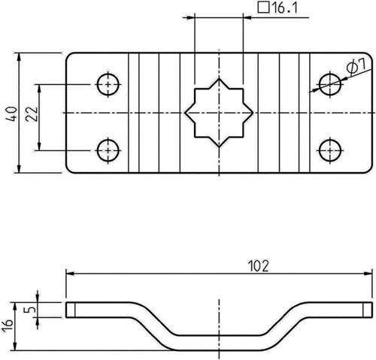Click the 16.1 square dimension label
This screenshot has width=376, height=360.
pyautogui.click(x=277, y=8)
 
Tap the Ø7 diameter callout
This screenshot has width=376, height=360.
pyautogui.click(x=356, y=67)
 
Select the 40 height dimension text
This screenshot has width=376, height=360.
pyautogui.click(x=12, y=113)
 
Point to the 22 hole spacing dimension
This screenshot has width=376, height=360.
pyautogui.click(x=32, y=114)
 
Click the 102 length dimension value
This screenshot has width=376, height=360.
pyautogui.click(x=258, y=266)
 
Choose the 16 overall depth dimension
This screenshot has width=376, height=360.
pyautogui.click(x=8, y=325)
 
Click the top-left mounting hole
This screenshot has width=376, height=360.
pyautogui.click(x=108, y=84)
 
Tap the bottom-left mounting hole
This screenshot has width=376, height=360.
pyautogui.click(x=108, y=150)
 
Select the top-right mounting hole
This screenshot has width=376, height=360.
pyautogui.click(x=330, y=84)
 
